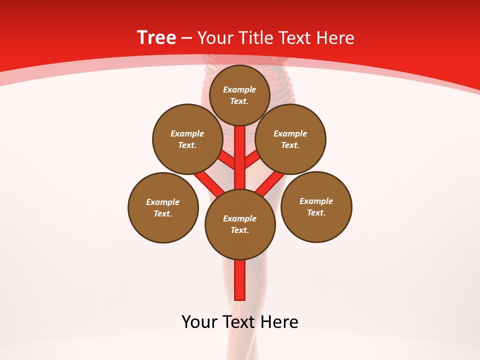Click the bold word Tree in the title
tap(156, 37)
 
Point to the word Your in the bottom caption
tap(199, 322)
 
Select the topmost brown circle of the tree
tap(239, 95)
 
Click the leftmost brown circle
tap(163, 207)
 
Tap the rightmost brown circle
tap(316, 206)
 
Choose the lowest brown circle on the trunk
tap(240, 224)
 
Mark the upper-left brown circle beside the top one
tap(187, 139)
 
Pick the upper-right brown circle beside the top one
tap(290, 139)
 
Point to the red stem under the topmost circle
tap(240, 150)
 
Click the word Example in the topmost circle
tap(239, 89)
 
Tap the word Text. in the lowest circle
tap(239, 230)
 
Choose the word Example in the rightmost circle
tap(316, 201)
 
